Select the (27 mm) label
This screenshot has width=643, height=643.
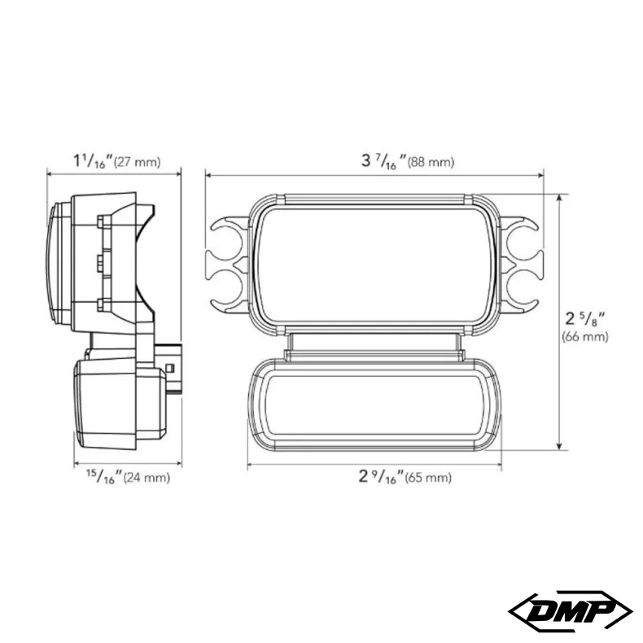click(x=137, y=162)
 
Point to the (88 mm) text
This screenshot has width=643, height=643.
click(x=431, y=162)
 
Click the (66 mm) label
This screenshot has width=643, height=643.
click(x=590, y=335)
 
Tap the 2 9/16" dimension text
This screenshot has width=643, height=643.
click(x=380, y=477)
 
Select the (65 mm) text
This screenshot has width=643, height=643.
click(x=427, y=478)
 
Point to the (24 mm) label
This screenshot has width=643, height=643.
click(x=147, y=478)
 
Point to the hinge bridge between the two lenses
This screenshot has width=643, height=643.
click(x=374, y=343)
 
